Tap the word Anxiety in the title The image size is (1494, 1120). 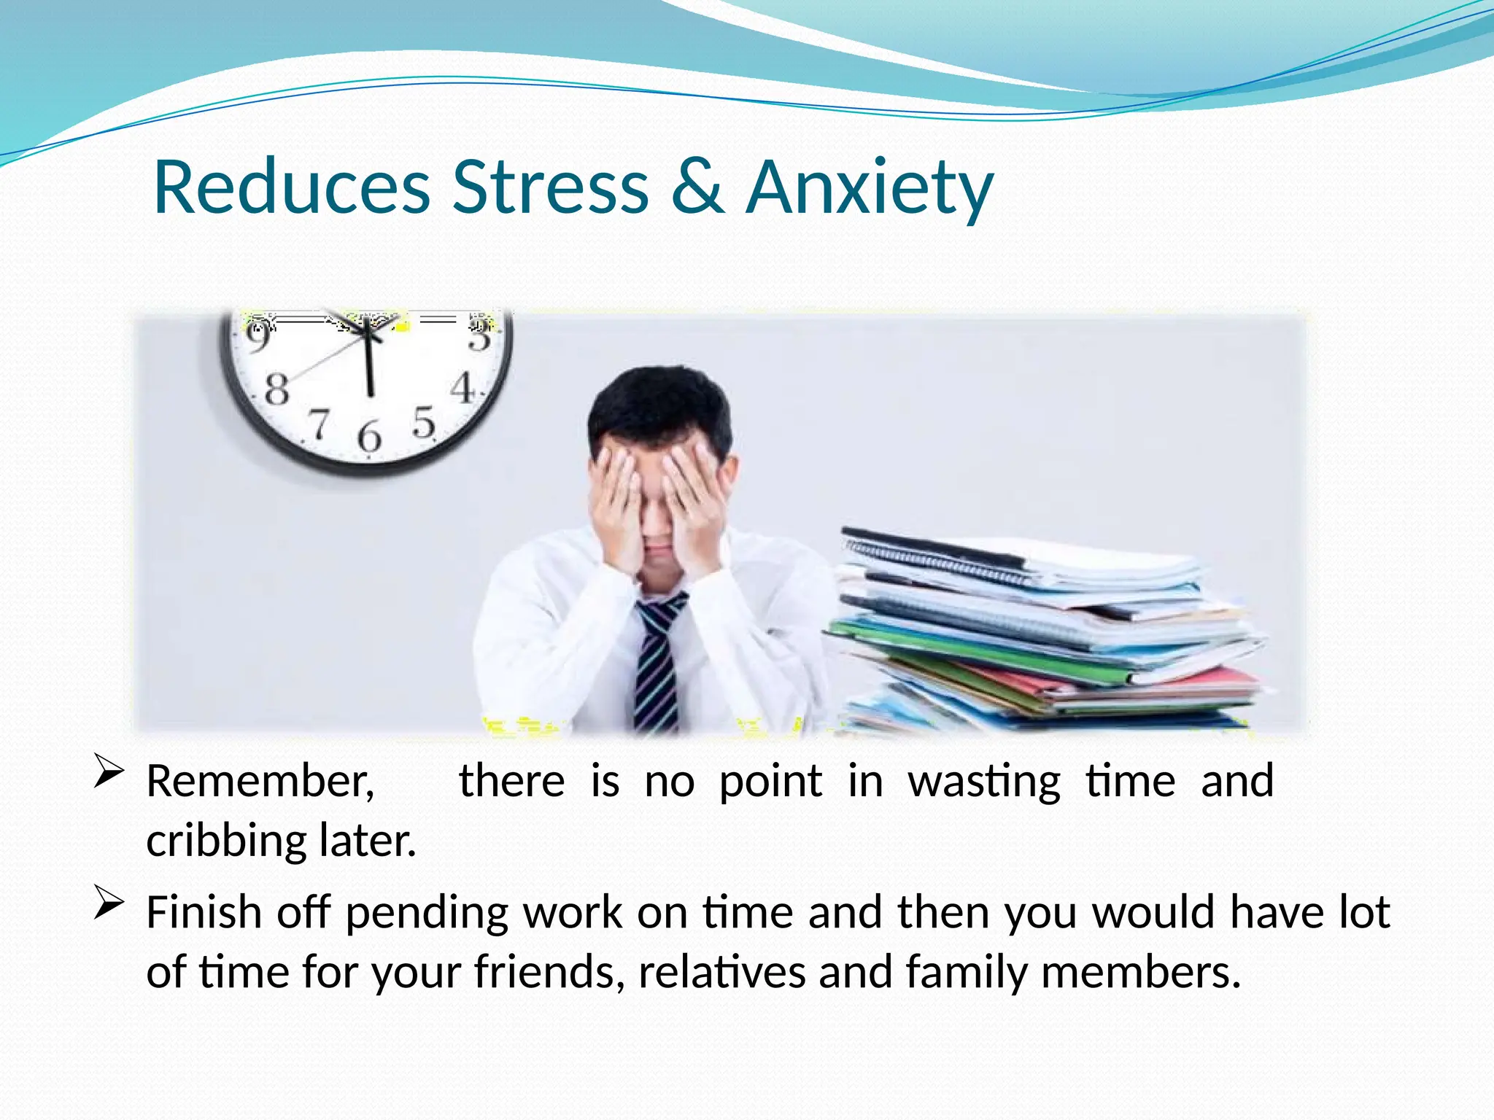click(870, 190)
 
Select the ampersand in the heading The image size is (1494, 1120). click(697, 187)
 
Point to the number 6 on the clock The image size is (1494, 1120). click(369, 436)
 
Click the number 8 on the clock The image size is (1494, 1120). click(276, 389)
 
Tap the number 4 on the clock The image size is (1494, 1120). click(462, 388)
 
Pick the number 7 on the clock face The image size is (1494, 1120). click(318, 424)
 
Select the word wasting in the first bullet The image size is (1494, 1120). click(984, 782)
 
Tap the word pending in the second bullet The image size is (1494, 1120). click(427, 914)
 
